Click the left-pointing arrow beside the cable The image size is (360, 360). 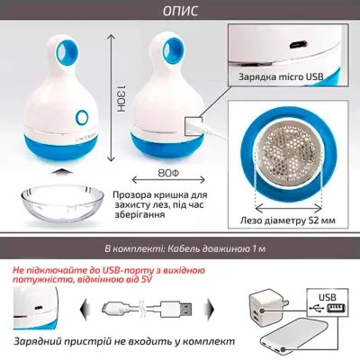pos(84,310)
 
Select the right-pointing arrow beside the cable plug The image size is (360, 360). pos(222,310)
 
